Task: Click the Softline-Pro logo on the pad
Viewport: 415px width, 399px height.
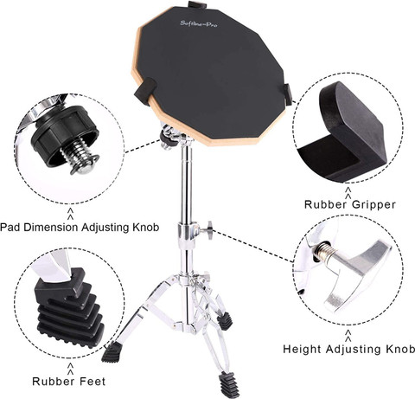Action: (x=199, y=23)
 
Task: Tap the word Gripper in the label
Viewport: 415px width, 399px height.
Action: (x=373, y=204)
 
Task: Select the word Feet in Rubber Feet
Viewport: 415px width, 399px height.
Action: (x=92, y=382)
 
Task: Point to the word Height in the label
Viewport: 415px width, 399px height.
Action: (x=302, y=349)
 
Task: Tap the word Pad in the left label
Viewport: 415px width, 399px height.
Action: (x=10, y=227)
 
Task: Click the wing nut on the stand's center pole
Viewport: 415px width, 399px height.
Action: (x=208, y=230)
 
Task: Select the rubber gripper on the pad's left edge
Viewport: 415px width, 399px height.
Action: (x=145, y=89)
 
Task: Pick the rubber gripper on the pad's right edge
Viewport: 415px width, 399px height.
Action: (x=288, y=94)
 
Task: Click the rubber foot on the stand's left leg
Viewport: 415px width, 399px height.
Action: (x=112, y=352)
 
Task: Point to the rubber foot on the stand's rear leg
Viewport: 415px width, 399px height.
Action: (x=225, y=320)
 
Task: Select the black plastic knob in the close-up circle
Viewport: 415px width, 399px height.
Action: (x=64, y=132)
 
